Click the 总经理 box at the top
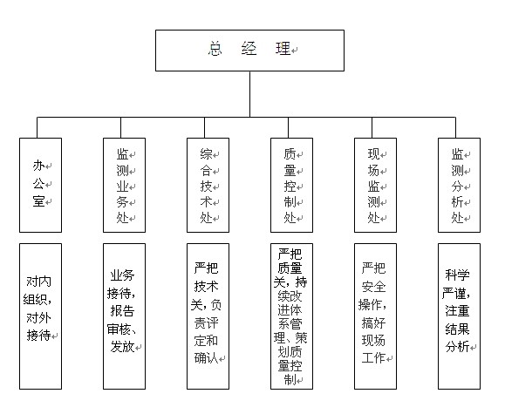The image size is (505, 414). pyautogui.click(x=249, y=51)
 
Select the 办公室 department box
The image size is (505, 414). pyautogui.click(x=40, y=185)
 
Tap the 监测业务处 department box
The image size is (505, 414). pyautogui.click(x=124, y=185)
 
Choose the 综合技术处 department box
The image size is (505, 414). pyautogui.click(x=208, y=185)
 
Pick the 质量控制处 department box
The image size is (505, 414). pyautogui.click(x=291, y=185)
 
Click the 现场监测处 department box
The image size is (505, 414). pyautogui.click(x=375, y=185)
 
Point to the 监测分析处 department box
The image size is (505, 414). pyautogui.click(x=459, y=185)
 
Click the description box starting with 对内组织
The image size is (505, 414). pyautogui.click(x=40, y=316)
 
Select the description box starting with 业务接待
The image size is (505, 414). pyautogui.click(x=124, y=316)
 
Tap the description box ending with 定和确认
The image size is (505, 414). pyautogui.click(x=208, y=316)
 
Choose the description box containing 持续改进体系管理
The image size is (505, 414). pyautogui.click(x=291, y=316)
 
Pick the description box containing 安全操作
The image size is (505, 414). pyautogui.click(x=375, y=316)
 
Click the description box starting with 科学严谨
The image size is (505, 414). pyautogui.click(x=459, y=316)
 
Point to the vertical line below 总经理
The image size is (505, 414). pyautogui.click(x=249, y=94)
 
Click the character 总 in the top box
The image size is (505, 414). pyautogui.click(x=215, y=49)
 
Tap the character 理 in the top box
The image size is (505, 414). pyautogui.click(x=283, y=49)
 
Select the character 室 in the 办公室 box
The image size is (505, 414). pyautogui.click(x=38, y=201)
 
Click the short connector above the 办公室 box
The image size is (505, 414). pyautogui.click(x=37, y=128)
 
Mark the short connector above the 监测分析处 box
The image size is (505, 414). pyautogui.click(x=455, y=128)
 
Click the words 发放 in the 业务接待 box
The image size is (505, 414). pyautogui.click(x=122, y=346)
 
